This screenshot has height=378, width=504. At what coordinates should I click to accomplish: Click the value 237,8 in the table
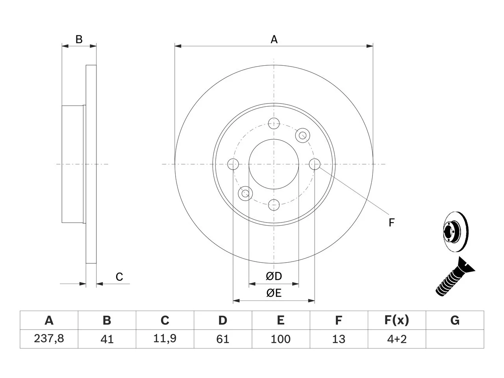(49, 339)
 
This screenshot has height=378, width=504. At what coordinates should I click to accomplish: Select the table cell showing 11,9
(165, 339)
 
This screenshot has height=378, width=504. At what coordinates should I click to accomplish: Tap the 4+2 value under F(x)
(397, 339)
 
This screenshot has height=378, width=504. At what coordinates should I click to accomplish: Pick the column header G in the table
(455, 320)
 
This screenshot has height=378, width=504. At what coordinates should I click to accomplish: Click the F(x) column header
(397, 320)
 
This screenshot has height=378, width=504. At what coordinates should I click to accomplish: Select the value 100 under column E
(281, 339)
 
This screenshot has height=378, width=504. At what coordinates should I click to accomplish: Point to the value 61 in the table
(223, 339)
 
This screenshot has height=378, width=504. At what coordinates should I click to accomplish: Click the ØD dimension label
(274, 276)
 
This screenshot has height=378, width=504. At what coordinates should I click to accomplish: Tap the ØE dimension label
(274, 293)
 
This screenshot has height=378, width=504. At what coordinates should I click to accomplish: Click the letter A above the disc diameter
(274, 39)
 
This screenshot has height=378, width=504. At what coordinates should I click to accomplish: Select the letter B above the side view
(79, 39)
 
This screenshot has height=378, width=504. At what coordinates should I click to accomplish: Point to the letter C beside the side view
(119, 277)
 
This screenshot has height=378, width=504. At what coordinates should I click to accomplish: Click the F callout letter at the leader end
(391, 222)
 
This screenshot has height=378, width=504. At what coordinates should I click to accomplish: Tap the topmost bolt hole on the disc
(274, 124)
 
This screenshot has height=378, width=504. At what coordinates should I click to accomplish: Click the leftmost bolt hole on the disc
(233, 164)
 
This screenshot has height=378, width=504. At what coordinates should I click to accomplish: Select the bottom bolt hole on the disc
(274, 205)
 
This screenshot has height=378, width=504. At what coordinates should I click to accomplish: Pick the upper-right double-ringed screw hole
(303, 135)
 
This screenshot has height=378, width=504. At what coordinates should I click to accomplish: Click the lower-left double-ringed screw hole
(245, 193)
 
